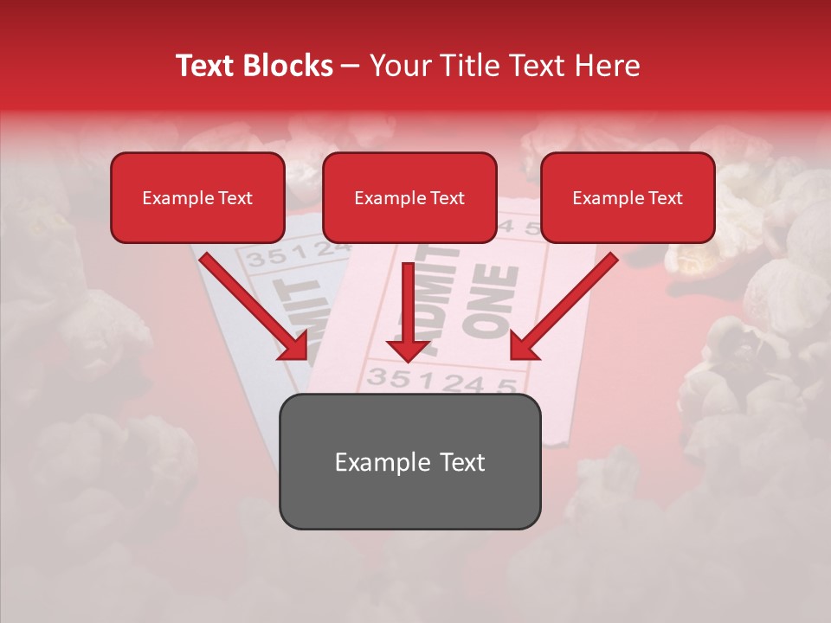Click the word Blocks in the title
288,66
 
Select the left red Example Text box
197,197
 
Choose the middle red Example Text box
409,197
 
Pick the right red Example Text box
628,197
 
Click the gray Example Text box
409,461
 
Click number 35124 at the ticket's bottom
441,381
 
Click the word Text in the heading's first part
206,66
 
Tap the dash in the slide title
351,66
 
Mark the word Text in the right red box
665,198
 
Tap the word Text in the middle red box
447,198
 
